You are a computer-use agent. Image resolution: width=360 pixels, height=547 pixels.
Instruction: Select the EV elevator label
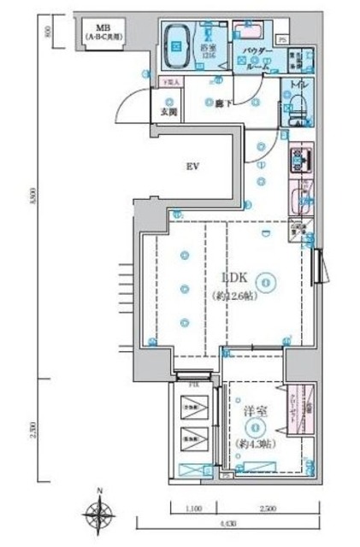point(193,166)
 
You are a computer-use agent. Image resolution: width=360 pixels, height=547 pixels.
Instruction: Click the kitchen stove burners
point(302,159)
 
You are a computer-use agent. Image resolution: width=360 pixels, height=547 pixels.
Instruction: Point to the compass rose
point(101,513)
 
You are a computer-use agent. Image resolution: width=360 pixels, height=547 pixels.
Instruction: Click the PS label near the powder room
point(283,38)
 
